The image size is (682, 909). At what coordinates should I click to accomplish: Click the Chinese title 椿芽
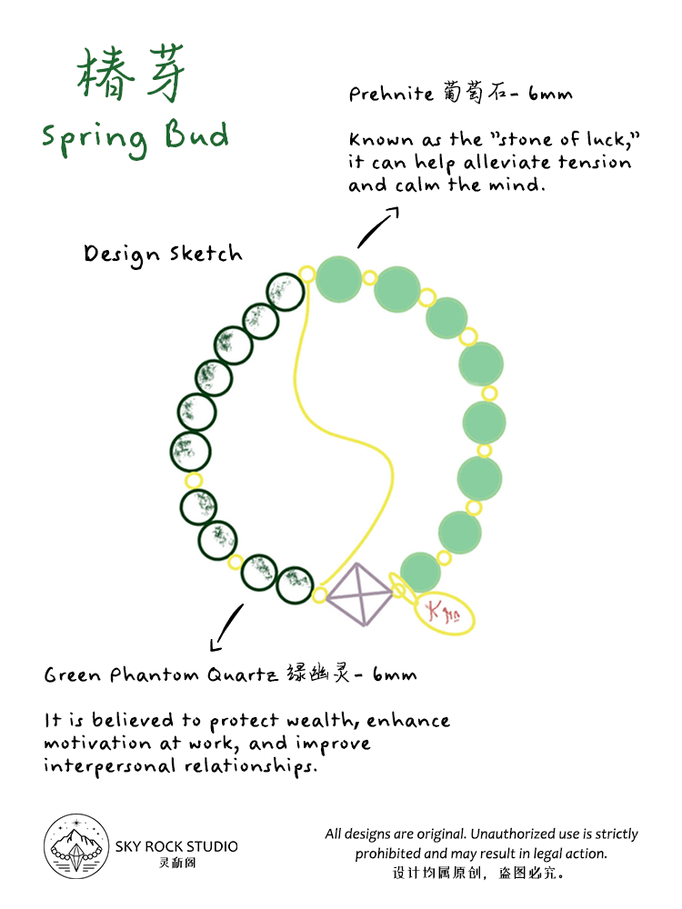click(x=132, y=75)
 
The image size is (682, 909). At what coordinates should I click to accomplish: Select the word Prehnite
click(x=381, y=95)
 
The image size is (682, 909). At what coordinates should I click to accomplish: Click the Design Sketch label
click(x=164, y=255)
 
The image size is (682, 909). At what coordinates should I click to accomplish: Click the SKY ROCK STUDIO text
click(x=176, y=846)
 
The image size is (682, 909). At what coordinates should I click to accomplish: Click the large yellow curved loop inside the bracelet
click(x=346, y=400)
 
